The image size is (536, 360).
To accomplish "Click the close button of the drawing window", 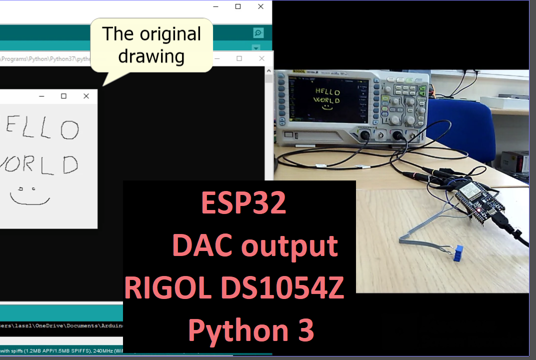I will (x=86, y=96).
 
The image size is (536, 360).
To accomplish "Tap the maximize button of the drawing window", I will (x=63, y=96).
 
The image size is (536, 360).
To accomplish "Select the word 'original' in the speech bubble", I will (x=170, y=34).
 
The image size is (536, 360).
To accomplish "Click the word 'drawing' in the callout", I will (x=151, y=56).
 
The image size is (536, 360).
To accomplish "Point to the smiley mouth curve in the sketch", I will (x=30, y=201).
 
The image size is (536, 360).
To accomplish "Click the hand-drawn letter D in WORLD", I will (x=70, y=164).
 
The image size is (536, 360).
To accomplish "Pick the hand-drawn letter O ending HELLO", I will (x=69, y=130).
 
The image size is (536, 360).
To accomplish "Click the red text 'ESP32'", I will (x=243, y=203).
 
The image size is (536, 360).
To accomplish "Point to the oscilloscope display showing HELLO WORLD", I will (x=326, y=98).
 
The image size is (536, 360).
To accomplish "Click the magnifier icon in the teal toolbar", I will (x=258, y=33).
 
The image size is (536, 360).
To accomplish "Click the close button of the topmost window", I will (x=260, y=6).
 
